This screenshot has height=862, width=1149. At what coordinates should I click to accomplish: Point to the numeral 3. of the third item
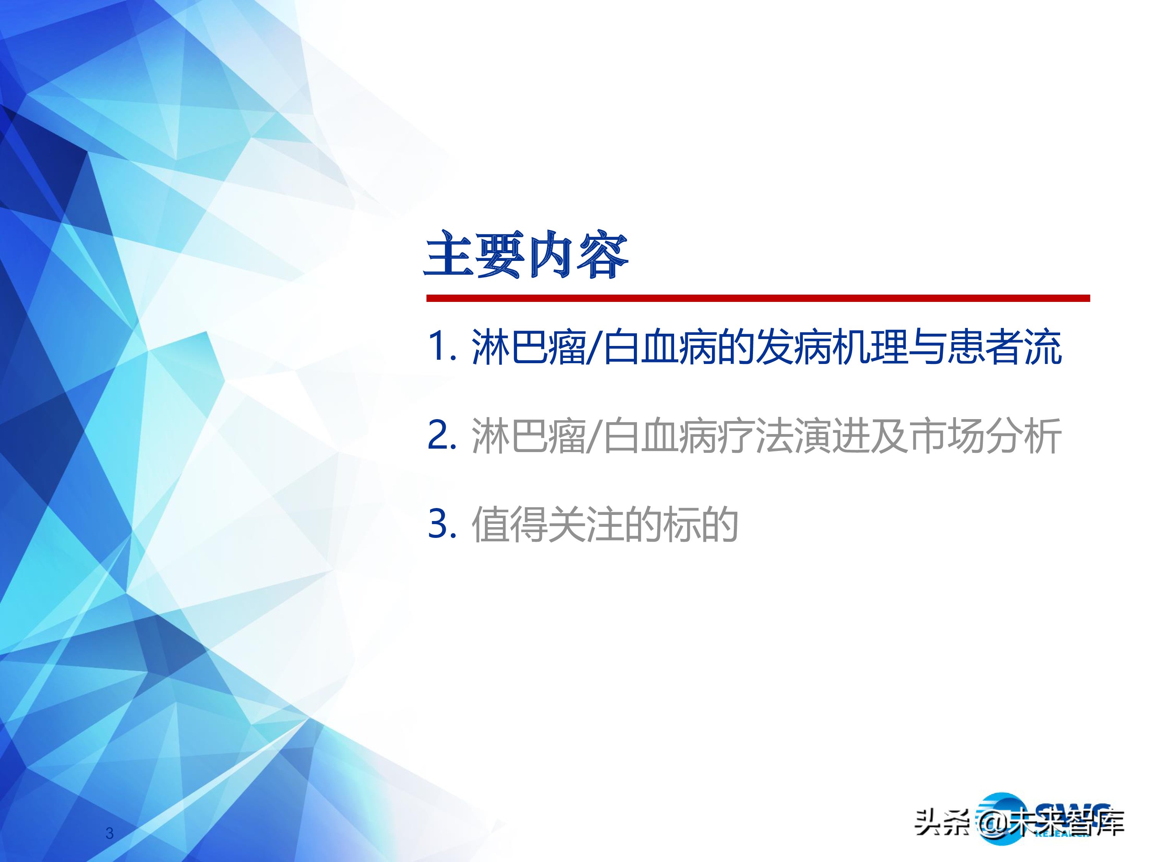[442, 523]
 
